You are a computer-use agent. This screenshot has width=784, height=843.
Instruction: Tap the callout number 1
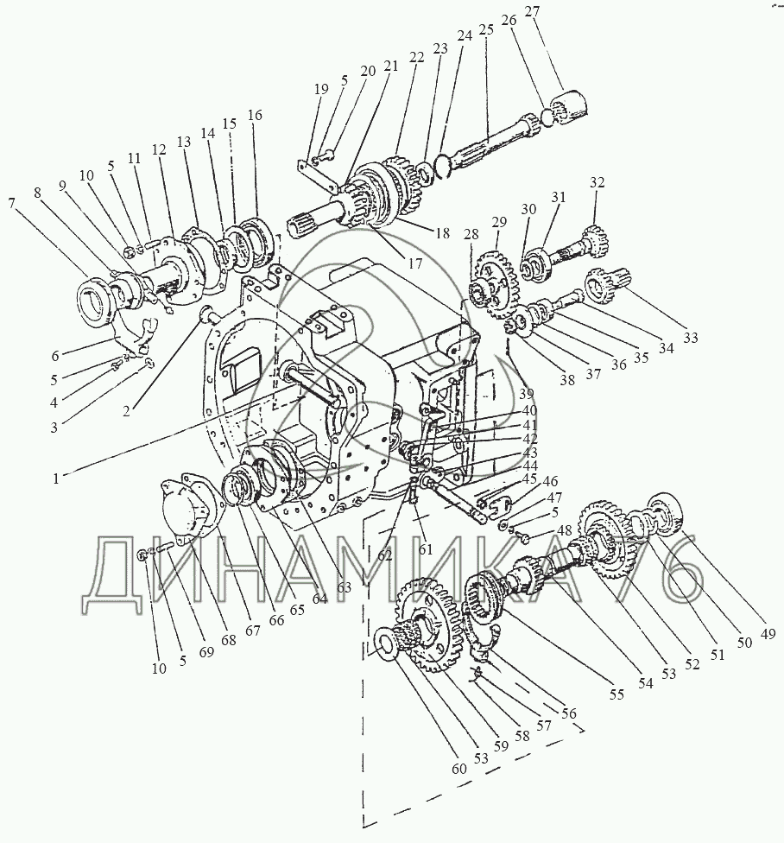[56, 478]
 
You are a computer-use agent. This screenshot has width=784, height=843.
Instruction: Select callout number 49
[768, 634]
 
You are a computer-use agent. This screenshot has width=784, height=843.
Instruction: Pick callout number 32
[597, 182]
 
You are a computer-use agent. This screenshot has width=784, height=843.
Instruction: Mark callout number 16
[255, 115]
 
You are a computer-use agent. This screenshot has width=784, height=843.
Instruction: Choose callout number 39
[527, 394]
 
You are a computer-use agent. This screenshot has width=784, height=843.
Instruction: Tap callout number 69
[205, 651]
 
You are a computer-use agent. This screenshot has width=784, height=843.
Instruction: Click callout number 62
[385, 555]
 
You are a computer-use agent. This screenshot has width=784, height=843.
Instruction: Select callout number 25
[486, 29]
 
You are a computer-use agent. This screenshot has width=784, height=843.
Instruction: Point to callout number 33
[691, 338]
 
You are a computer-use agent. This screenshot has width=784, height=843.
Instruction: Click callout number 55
[616, 694]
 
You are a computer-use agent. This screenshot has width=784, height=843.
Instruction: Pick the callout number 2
[126, 411]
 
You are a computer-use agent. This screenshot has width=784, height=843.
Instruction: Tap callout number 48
[564, 531]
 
